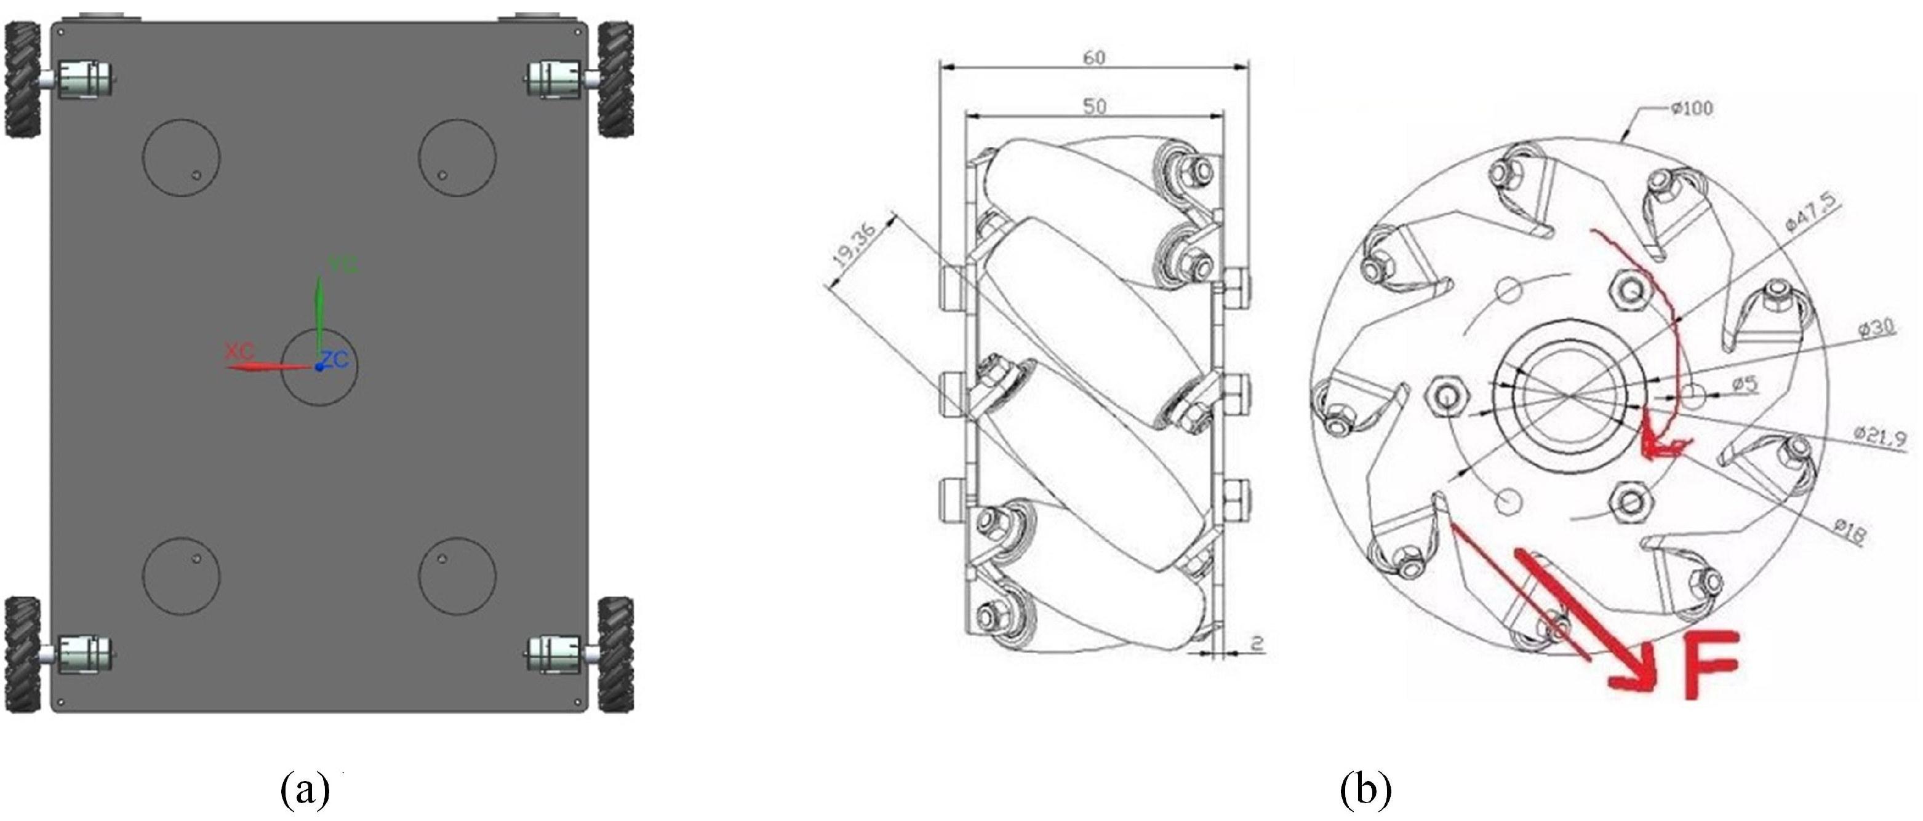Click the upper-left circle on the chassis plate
pyautogui.click(x=182, y=157)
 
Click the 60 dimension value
pyautogui.click(x=1093, y=57)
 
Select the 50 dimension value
pyautogui.click(x=1093, y=107)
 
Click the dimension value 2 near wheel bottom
pyautogui.click(x=1257, y=643)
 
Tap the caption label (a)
pyautogui.click(x=305, y=790)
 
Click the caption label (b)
pyautogui.click(x=1366, y=790)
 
